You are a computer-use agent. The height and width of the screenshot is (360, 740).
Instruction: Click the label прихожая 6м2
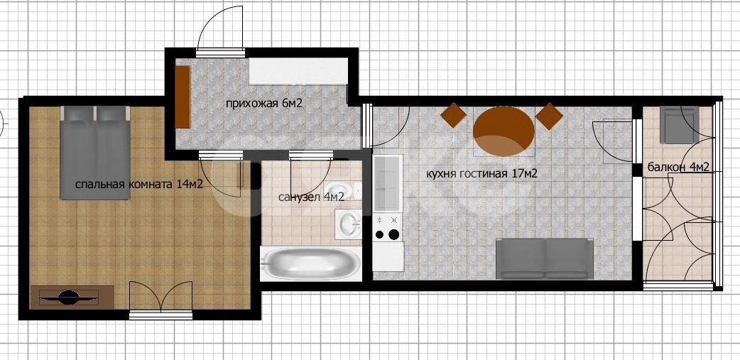point(263,104)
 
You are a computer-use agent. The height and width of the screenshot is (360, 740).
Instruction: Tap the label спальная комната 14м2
point(138,184)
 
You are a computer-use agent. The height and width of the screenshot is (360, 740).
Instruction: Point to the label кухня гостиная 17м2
point(481,174)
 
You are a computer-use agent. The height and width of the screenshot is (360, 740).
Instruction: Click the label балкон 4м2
point(678,167)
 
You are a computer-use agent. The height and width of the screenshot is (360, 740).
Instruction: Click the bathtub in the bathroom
point(310,263)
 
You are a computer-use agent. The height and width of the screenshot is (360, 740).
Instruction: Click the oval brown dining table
point(504,131)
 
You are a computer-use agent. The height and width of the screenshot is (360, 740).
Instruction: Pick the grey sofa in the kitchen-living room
point(545,258)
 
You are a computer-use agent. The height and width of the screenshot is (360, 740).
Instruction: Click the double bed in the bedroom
point(95,153)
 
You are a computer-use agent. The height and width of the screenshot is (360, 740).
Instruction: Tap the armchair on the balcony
point(679,125)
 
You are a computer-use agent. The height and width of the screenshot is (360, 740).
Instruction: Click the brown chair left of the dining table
point(454,115)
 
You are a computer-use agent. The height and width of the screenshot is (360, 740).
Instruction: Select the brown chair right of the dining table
point(550,116)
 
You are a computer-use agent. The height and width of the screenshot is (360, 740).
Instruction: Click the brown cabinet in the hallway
point(183,97)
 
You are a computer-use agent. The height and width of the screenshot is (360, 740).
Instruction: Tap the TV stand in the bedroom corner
point(72,298)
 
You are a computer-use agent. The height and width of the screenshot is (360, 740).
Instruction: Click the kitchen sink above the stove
point(388,183)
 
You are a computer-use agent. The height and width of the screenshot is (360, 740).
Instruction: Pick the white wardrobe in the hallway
point(298,71)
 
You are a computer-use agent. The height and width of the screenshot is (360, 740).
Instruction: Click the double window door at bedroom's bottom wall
point(161,298)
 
